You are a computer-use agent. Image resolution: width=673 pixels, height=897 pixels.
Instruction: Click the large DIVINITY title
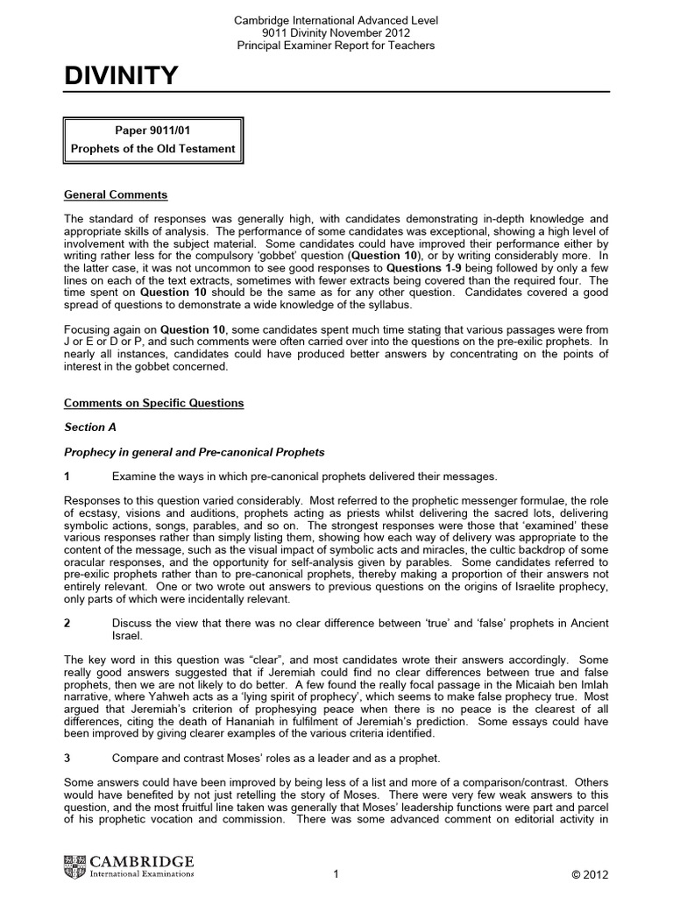pos(122,77)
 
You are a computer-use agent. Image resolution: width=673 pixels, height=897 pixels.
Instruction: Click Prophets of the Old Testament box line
pos(152,148)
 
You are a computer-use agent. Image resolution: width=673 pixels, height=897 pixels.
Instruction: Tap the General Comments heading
pos(117,194)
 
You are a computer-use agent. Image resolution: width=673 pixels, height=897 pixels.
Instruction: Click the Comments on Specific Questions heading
pos(154,403)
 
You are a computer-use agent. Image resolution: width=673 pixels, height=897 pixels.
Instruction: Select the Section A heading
pos(90,427)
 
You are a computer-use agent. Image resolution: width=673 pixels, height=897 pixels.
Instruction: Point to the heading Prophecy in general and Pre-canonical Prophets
pos(195,452)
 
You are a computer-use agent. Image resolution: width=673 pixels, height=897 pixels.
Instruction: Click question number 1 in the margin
pos(68,477)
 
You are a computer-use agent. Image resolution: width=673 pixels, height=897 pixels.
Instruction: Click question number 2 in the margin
pos(68,623)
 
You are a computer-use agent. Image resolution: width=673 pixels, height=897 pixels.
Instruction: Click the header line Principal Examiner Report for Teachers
pos(336,45)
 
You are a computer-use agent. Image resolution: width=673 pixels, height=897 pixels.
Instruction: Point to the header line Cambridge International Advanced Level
pos(336,19)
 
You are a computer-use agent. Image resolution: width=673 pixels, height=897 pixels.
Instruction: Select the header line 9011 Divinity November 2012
pos(336,32)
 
